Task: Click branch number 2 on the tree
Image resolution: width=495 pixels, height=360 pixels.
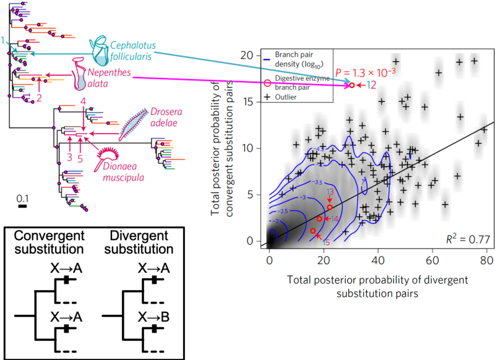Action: point(39,97)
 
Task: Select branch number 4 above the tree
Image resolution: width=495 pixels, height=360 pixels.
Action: point(84,100)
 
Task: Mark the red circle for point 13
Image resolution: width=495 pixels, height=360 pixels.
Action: point(330,207)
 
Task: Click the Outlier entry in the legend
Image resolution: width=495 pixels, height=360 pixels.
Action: point(286,96)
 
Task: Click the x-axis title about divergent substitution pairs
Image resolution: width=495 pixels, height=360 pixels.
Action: point(378,286)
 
